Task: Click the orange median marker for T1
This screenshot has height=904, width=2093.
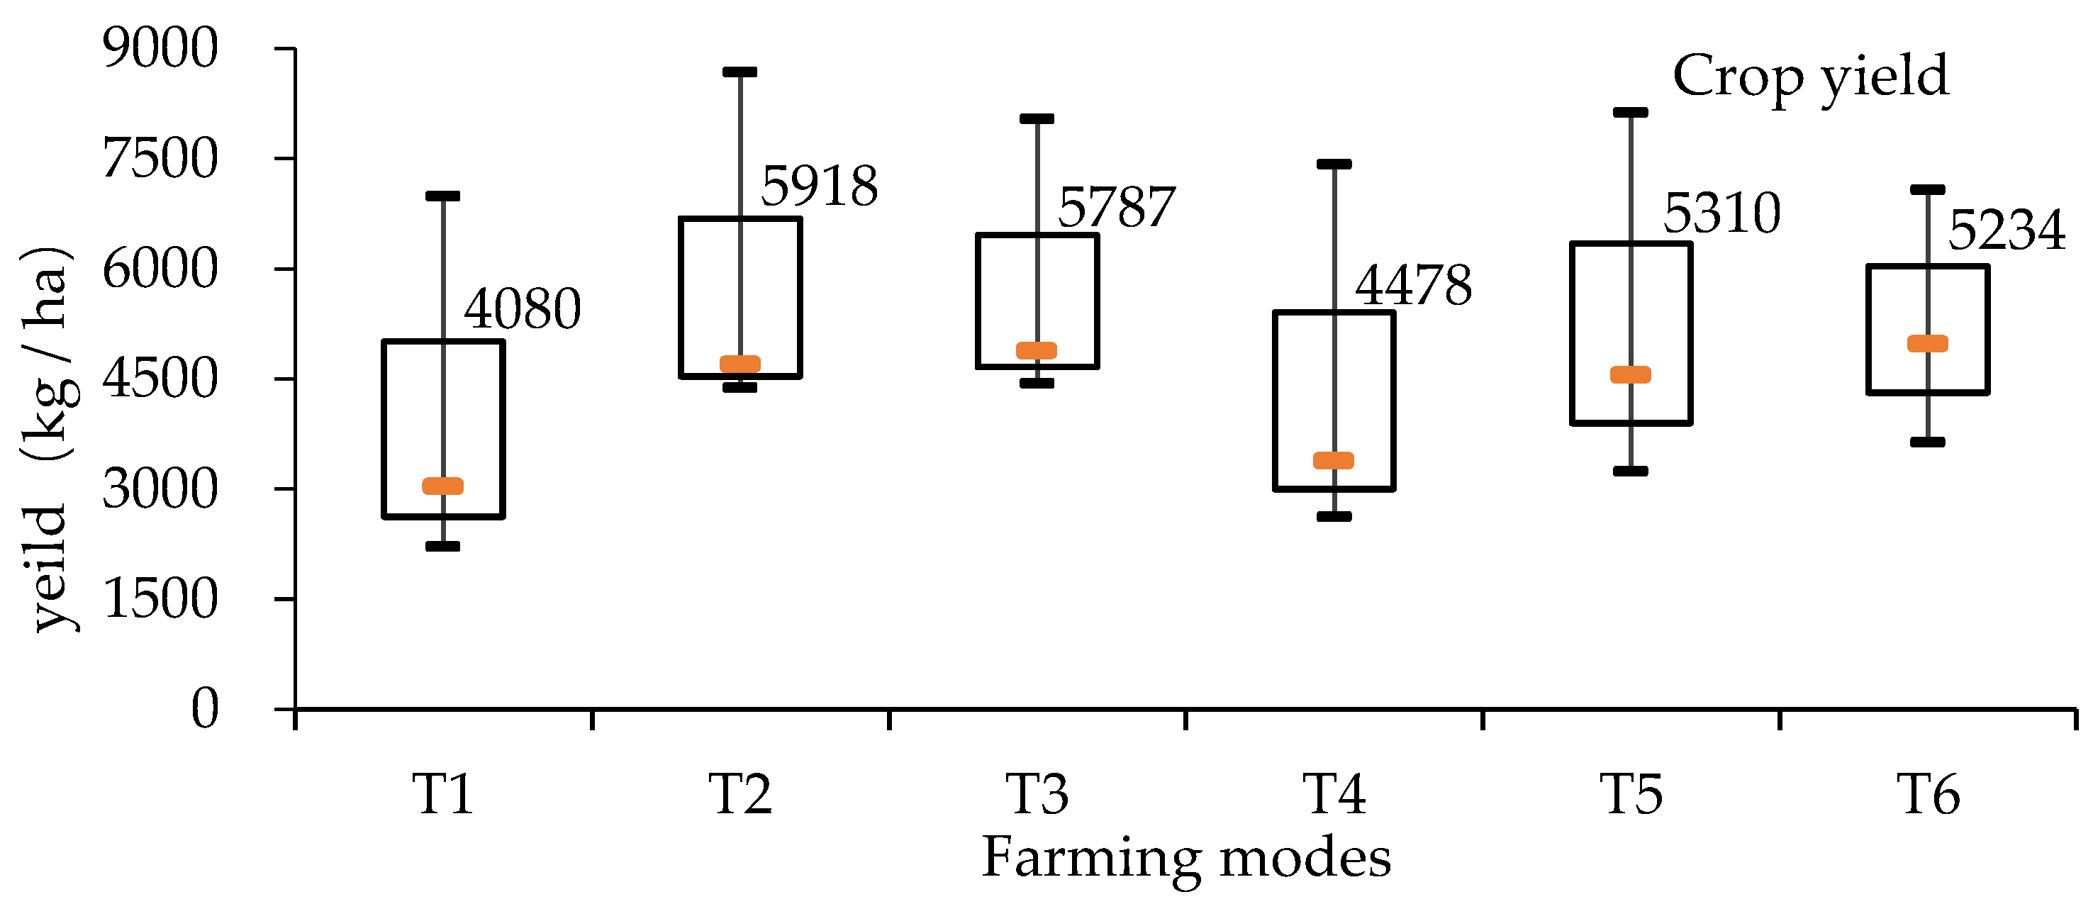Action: (443, 486)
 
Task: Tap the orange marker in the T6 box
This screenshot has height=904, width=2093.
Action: (1927, 344)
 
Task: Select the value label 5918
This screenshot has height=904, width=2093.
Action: (819, 186)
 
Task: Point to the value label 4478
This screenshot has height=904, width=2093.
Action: (1413, 286)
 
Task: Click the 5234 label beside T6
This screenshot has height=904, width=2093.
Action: (2006, 230)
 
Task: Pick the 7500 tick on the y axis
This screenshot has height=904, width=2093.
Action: (160, 158)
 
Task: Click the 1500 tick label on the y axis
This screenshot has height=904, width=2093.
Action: (160, 599)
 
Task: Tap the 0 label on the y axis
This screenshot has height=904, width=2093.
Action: (204, 708)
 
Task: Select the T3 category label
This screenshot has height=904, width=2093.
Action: (1037, 794)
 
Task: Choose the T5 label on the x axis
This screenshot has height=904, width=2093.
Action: (1631, 794)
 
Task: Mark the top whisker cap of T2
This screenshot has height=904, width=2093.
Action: (739, 72)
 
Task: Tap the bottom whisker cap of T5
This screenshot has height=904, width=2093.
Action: (1631, 471)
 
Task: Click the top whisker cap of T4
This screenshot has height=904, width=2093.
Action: (1334, 164)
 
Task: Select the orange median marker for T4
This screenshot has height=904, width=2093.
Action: (1334, 461)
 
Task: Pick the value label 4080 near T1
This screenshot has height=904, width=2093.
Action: (523, 309)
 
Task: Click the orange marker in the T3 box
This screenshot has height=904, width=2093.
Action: (1037, 351)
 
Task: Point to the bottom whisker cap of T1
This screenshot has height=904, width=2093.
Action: (443, 546)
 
